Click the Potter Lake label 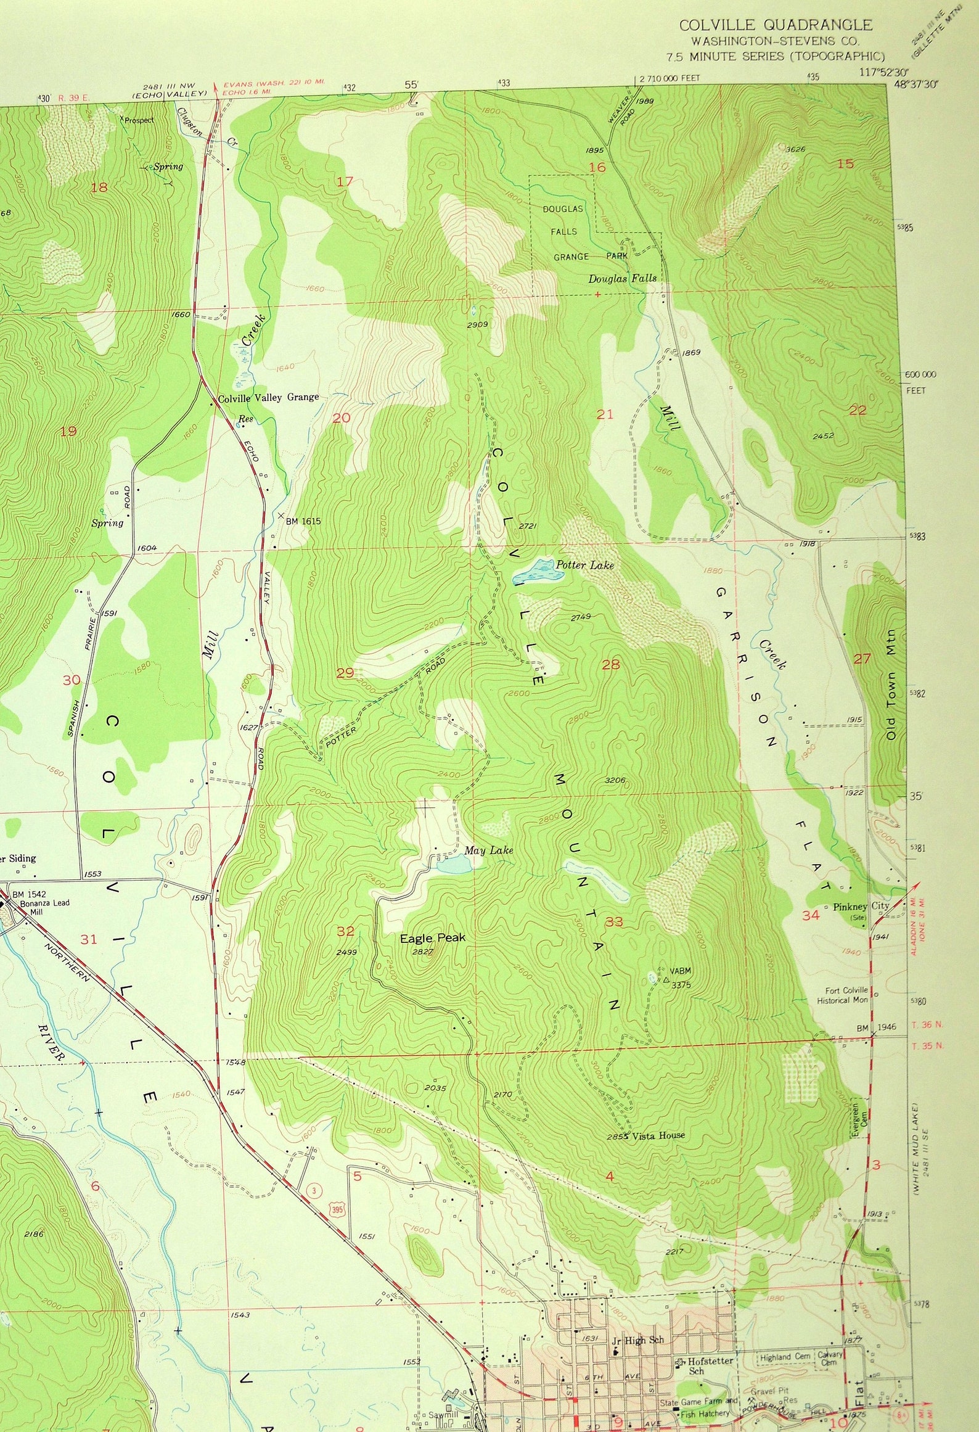[584, 564]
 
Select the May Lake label [488, 850]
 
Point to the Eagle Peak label [432, 938]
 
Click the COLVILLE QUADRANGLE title [776, 25]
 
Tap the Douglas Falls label [622, 279]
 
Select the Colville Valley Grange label [268, 398]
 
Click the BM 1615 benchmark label [303, 521]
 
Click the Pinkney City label [861, 907]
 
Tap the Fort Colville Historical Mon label [842, 995]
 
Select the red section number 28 [611, 664]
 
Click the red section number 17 [345, 181]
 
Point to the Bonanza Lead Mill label [44, 907]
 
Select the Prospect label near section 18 [139, 120]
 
